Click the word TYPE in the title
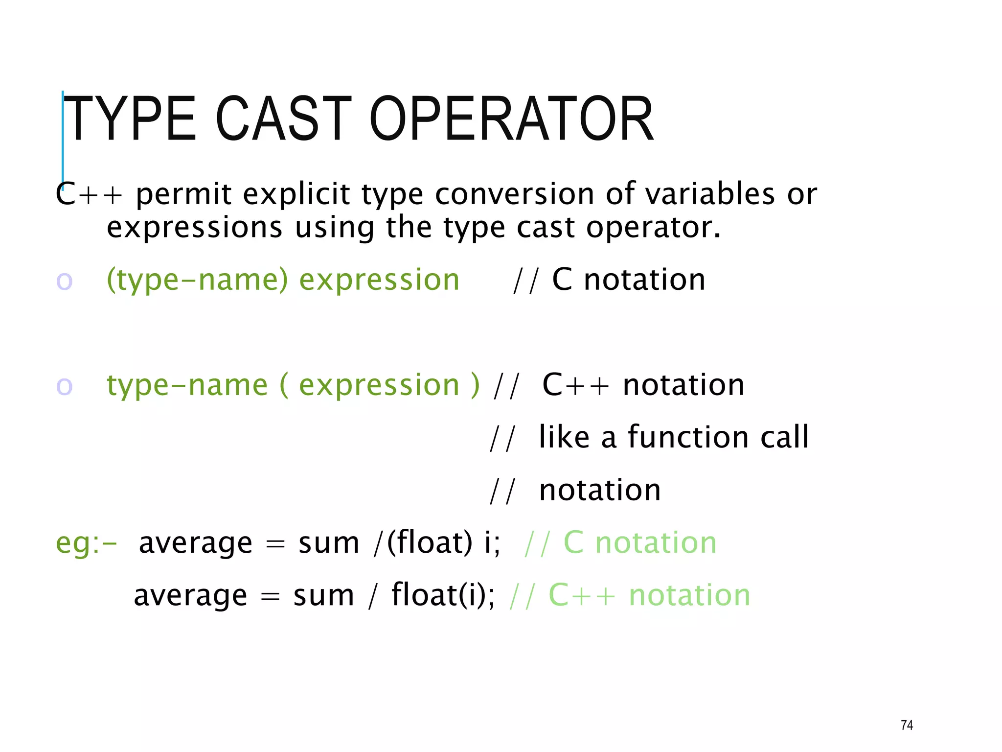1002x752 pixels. point(130,119)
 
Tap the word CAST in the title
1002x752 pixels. point(283,119)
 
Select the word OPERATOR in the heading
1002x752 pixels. point(511,119)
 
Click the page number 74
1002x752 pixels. point(907,725)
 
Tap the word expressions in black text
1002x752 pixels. point(195,228)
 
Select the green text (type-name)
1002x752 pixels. point(198,280)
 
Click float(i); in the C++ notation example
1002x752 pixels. point(443,595)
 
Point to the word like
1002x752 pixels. point(564,437)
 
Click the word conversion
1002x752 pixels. point(514,194)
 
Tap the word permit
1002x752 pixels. point(183,194)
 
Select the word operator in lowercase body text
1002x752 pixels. point(653,228)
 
